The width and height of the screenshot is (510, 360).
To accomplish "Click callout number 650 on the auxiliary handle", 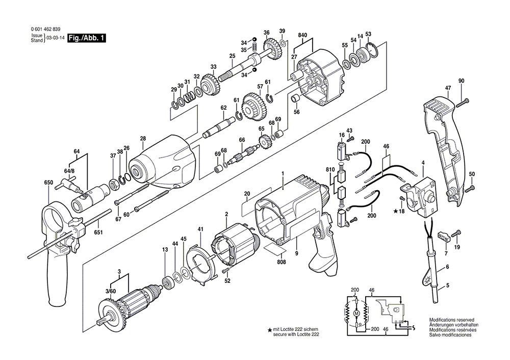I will [x=48, y=183].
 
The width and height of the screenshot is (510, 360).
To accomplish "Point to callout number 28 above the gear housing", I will [x=143, y=139].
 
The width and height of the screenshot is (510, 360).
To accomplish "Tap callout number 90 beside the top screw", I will [x=461, y=81].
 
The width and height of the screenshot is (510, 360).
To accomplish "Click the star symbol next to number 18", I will [x=395, y=211].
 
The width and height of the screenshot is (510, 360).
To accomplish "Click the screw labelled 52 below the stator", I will [x=224, y=271].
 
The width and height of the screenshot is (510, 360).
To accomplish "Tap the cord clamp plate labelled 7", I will [x=442, y=236].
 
